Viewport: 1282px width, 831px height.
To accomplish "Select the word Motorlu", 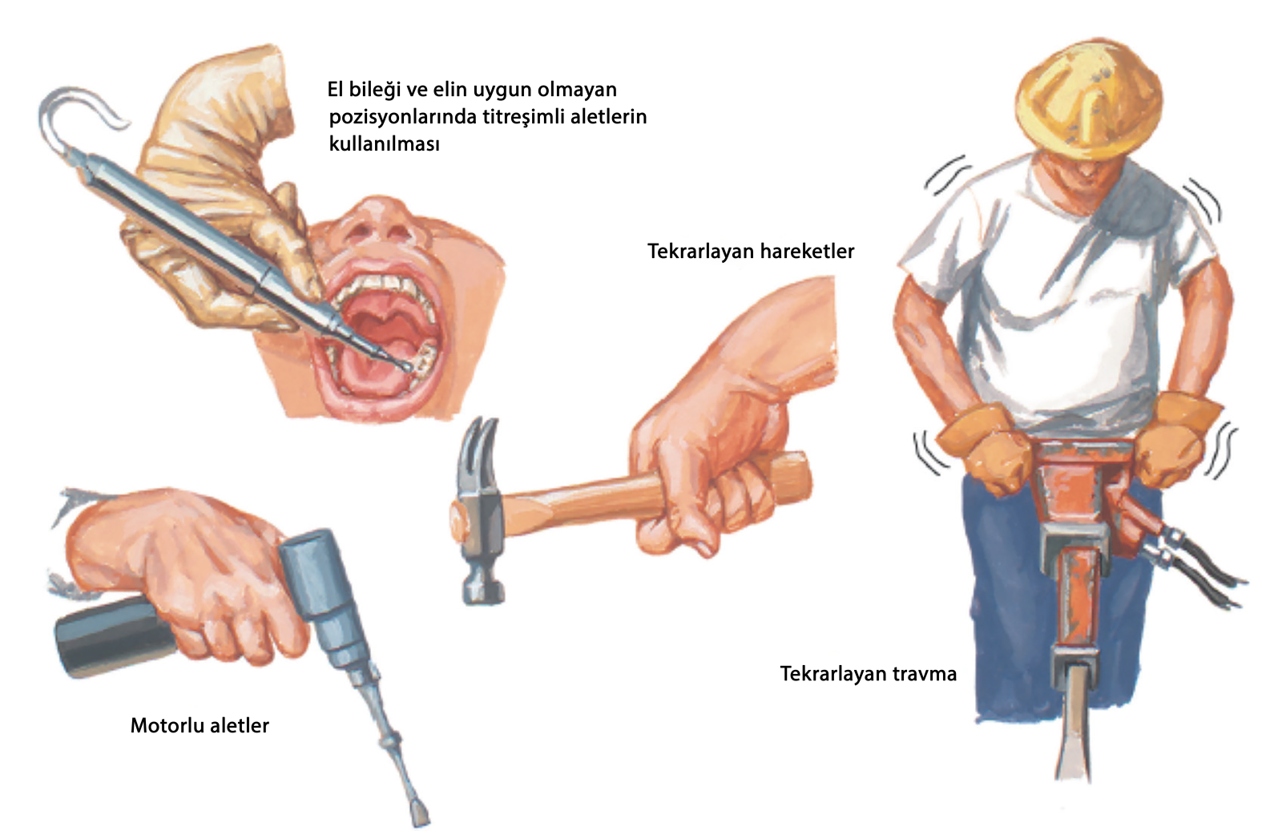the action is pyautogui.click(x=167, y=725).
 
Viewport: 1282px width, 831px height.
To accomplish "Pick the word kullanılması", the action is pyautogui.click(x=384, y=143).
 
